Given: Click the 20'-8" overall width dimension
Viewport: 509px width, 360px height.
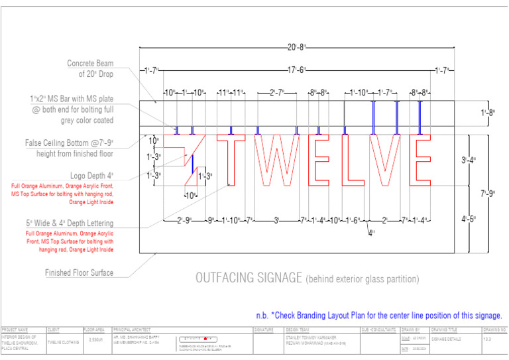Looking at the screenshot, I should pyautogui.click(x=296, y=47).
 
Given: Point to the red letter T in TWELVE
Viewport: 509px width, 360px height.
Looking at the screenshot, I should pyautogui.click(x=231, y=160).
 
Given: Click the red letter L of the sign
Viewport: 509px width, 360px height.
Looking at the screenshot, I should pyautogui.click(x=352, y=160).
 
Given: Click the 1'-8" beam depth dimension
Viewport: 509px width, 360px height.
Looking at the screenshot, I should pyautogui.click(x=487, y=113).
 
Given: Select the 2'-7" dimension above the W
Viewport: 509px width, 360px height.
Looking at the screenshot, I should pyautogui.click(x=276, y=93).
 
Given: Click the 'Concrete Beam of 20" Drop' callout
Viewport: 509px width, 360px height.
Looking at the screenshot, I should pyautogui.click(x=90, y=69).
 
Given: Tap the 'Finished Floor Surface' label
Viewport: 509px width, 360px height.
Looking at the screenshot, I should pyautogui.click(x=79, y=273).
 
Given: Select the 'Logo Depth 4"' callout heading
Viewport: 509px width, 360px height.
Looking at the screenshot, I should pyautogui.click(x=91, y=176).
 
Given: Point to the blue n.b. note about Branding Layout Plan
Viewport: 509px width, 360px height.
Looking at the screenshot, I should pyautogui.click(x=378, y=316).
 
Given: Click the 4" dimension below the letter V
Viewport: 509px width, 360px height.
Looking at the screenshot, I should pyautogui.click(x=372, y=232).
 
